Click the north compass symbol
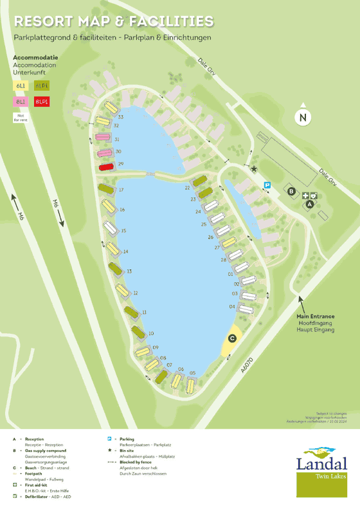(302, 117)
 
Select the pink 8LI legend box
(21, 101)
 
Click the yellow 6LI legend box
(21, 85)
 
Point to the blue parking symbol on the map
(267, 185)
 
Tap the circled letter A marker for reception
(309, 204)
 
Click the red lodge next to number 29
(106, 167)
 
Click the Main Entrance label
(315, 316)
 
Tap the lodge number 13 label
(129, 272)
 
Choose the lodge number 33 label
(121, 117)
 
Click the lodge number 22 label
(187, 187)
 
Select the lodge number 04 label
(231, 307)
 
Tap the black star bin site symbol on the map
(254, 170)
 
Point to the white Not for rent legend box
(21, 117)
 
